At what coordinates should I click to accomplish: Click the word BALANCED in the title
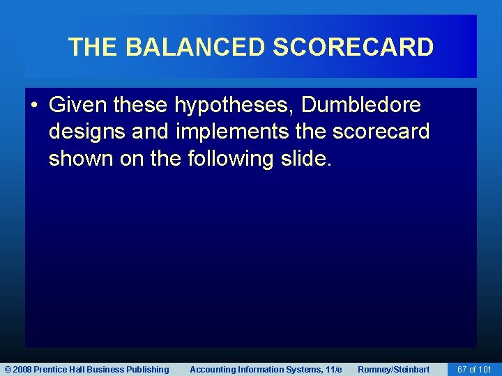196,47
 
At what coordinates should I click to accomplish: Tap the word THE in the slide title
94,47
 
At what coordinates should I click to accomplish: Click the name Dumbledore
361,106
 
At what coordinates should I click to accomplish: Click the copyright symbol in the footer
7,370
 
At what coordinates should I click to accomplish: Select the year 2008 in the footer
22,370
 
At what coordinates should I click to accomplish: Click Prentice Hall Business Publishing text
101,370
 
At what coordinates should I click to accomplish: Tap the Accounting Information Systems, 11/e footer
266,370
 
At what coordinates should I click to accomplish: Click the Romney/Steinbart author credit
393,370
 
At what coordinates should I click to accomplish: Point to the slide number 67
461,370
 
